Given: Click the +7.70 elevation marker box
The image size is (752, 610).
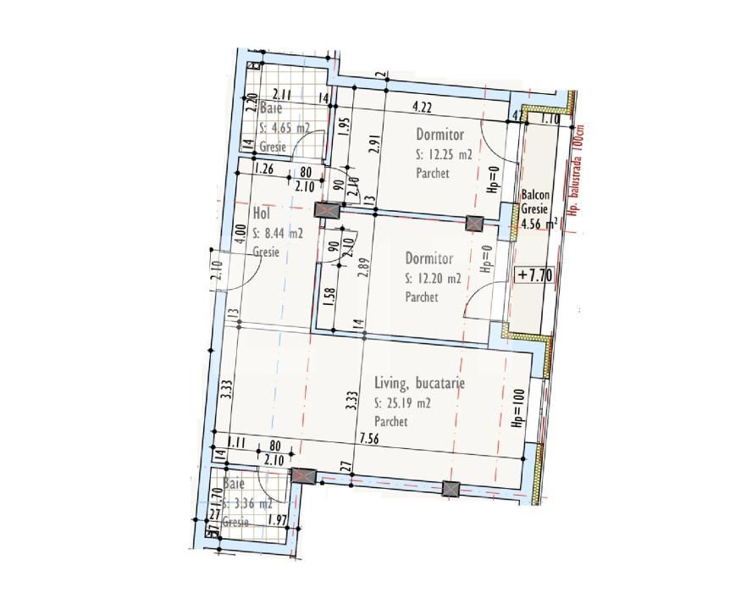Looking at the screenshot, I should (534, 274).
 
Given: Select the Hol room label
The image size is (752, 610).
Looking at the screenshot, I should (261, 214).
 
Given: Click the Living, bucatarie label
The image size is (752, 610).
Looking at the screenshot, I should (419, 384).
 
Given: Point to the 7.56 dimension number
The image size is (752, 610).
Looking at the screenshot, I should (369, 437).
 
